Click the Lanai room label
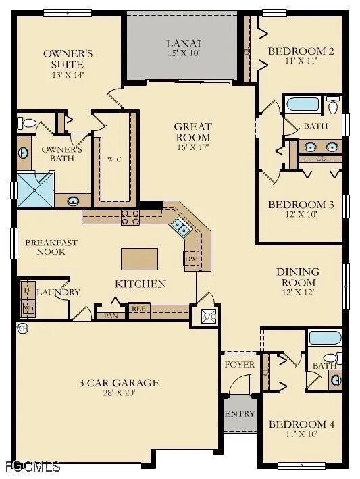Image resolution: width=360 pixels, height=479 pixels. tap(184, 45)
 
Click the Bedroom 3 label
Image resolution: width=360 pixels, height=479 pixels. tap(301, 205)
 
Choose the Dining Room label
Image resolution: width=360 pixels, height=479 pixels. tap(298, 277)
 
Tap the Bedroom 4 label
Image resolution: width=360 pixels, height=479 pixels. tap(301, 424)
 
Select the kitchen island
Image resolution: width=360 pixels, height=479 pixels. tap(139, 259)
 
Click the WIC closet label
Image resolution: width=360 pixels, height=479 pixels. tap(113, 159)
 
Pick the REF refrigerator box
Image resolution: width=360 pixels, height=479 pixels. tap(138, 310)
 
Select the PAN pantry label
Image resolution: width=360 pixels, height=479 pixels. tap(110, 315)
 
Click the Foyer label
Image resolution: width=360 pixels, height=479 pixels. tap(239, 365)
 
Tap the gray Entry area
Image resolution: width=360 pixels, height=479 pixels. tap(240, 414)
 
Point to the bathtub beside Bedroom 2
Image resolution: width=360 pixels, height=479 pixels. tap(302, 105)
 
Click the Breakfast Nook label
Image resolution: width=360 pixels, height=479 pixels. tap(51, 247)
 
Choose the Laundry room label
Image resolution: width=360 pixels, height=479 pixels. tap(58, 292)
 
